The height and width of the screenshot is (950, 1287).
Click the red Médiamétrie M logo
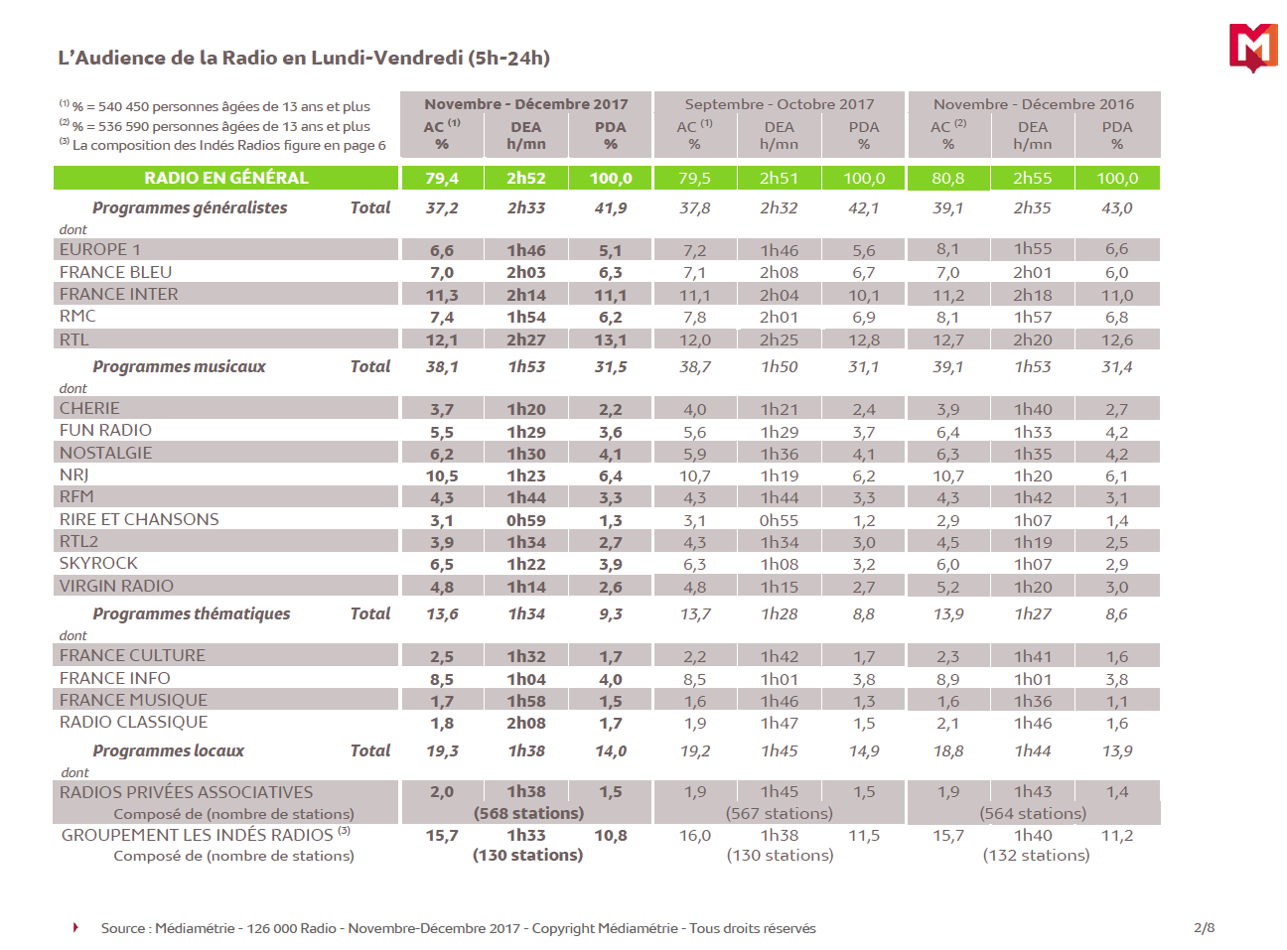(1252, 47)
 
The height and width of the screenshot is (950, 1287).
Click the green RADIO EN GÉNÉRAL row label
(226, 178)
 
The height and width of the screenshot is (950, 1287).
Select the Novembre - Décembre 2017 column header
(526, 104)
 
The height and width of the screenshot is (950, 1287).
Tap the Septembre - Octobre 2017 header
(780, 104)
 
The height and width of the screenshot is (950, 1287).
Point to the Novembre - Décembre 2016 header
(1033, 104)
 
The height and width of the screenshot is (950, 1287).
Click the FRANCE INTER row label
(119, 294)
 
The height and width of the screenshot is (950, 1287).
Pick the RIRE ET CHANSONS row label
(139, 519)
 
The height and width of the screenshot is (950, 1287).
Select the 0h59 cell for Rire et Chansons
(526, 520)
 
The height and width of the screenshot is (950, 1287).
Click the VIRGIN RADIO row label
(116, 586)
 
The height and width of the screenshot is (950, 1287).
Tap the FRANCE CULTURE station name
(132, 655)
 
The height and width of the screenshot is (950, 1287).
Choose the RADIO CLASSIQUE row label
(134, 722)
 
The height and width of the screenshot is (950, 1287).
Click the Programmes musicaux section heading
(179, 366)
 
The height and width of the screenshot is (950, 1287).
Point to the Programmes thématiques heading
(192, 613)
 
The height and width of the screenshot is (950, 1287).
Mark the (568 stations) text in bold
(528, 813)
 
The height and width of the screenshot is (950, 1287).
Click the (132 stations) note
(1036, 855)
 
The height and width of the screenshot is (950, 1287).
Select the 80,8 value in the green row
(948, 178)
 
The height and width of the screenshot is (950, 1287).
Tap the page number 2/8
(1204, 928)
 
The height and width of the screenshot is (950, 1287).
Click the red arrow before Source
(75, 927)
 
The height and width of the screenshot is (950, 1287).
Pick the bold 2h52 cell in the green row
(526, 178)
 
